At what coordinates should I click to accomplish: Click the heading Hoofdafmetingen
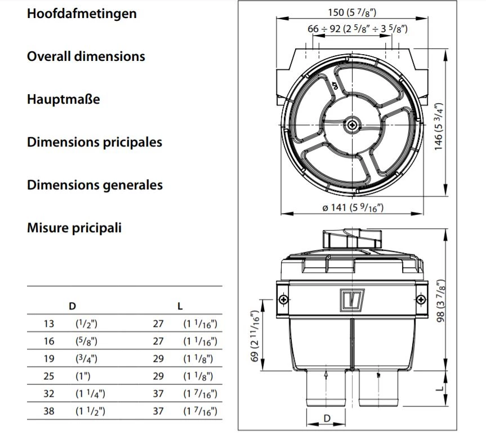[82, 14]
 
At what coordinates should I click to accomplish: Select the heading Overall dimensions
[86, 56]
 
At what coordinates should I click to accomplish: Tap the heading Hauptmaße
[63, 99]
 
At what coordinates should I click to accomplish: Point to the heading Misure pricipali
[74, 228]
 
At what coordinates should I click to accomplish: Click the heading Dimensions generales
[95, 185]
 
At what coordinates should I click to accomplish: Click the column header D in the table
[72, 307]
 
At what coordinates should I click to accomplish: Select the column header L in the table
[180, 307]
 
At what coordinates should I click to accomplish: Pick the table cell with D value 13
[49, 324]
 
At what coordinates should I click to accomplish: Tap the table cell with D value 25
[49, 376]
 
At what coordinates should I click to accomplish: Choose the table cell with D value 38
[49, 411]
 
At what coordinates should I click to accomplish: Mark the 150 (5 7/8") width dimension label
[353, 12]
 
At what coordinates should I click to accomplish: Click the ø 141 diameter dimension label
[353, 207]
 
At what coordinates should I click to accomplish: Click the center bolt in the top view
[353, 125]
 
